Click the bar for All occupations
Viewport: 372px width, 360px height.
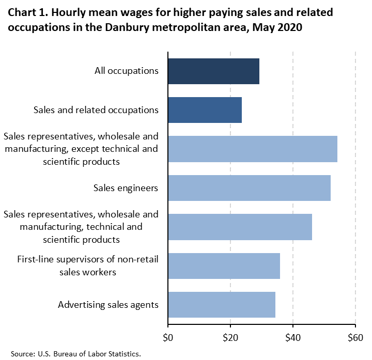(213, 71)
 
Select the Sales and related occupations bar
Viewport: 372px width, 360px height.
(205, 110)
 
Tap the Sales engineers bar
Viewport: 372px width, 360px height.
(249, 188)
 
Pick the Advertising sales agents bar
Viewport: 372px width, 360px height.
(222, 305)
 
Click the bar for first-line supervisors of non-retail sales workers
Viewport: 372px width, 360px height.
(224, 266)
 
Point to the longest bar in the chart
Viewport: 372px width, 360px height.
(253, 149)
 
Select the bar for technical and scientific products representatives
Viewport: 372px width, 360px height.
(240, 227)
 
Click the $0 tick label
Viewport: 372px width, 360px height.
(168, 339)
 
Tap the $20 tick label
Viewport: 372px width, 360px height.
(230, 339)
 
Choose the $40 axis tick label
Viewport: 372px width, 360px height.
(293, 339)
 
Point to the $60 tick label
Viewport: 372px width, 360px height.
(355, 339)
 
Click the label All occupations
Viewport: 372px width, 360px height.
(127, 71)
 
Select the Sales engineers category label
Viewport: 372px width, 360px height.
(126, 188)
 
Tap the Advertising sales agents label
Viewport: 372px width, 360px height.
(108, 305)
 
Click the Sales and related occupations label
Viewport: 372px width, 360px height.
(96, 110)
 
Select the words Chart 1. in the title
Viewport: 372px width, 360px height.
(27, 12)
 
